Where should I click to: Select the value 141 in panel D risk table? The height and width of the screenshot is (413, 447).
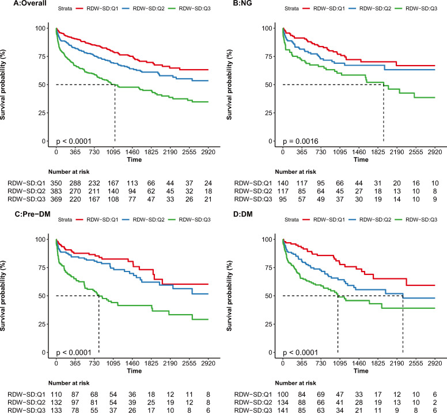coord(282,410)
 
